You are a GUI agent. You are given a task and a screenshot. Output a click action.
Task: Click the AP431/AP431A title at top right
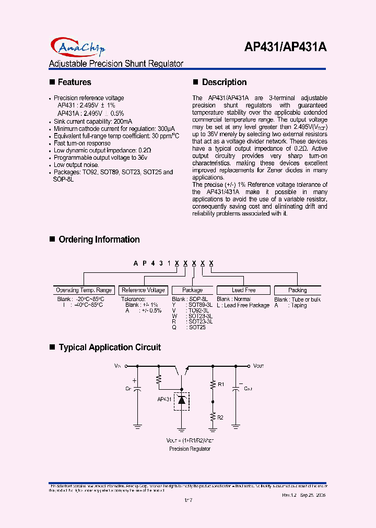pos(285,47)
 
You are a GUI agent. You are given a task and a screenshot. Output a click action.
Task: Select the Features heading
pos(74,82)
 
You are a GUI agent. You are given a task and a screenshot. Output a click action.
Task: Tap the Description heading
pos(224,82)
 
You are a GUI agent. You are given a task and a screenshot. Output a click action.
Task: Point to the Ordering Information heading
pos(99,239)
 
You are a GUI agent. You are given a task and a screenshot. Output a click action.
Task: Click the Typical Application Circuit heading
pos(110,347)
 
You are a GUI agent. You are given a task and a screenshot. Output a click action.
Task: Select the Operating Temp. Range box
pos(84,290)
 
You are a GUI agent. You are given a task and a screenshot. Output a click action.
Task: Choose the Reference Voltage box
pos(143,290)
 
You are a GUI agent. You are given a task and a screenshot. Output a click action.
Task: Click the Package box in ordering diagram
pos(193,290)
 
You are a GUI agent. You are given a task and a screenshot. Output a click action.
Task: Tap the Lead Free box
pos(243,290)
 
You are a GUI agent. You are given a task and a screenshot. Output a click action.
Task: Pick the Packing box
pos(298,290)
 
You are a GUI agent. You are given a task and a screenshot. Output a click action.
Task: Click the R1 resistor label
pos(221,385)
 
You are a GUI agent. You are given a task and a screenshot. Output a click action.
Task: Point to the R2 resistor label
pos(221,418)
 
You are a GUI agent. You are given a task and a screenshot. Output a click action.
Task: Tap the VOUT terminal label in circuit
pos(260,367)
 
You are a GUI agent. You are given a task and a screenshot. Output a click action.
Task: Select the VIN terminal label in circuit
pos(117,367)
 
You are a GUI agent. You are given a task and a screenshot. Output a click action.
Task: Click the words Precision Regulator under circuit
pos(190,449)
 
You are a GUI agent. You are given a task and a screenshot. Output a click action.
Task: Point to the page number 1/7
pos(189,500)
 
